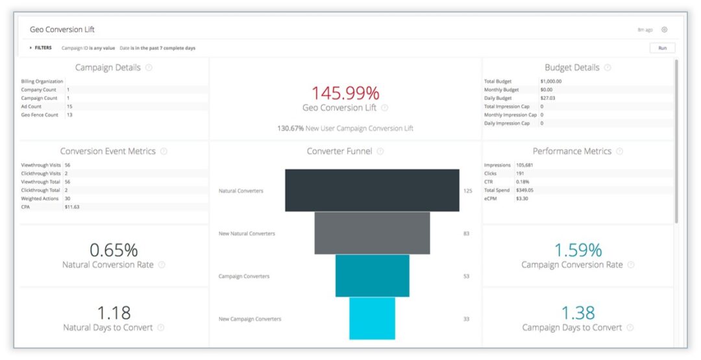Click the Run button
tap(662, 48)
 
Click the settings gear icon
tap(664, 30)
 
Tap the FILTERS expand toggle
tap(31, 48)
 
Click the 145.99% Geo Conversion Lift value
tap(345, 93)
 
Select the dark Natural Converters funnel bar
tap(372, 191)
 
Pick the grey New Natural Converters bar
tap(372, 233)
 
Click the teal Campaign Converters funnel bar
tap(372, 276)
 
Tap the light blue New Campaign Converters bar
tap(372, 318)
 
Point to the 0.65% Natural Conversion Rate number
tap(114, 250)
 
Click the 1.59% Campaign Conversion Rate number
tap(578, 250)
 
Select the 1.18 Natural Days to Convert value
tap(114, 313)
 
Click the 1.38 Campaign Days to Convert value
tap(578, 313)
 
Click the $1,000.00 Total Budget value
tap(550, 81)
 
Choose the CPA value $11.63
tap(71, 207)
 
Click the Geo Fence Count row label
tap(40, 115)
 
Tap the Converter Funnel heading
tap(339, 151)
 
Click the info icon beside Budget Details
tap(607, 67)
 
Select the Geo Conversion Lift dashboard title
tap(62, 30)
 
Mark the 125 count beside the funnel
tap(467, 191)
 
